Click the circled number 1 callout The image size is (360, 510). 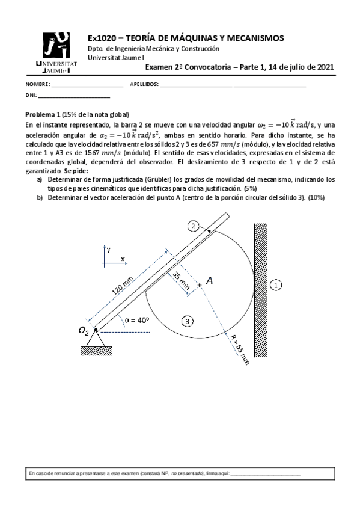275,285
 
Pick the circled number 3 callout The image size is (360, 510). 188,322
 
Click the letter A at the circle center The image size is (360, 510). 209,280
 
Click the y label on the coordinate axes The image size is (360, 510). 109,247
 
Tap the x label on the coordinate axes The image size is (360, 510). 123,258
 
